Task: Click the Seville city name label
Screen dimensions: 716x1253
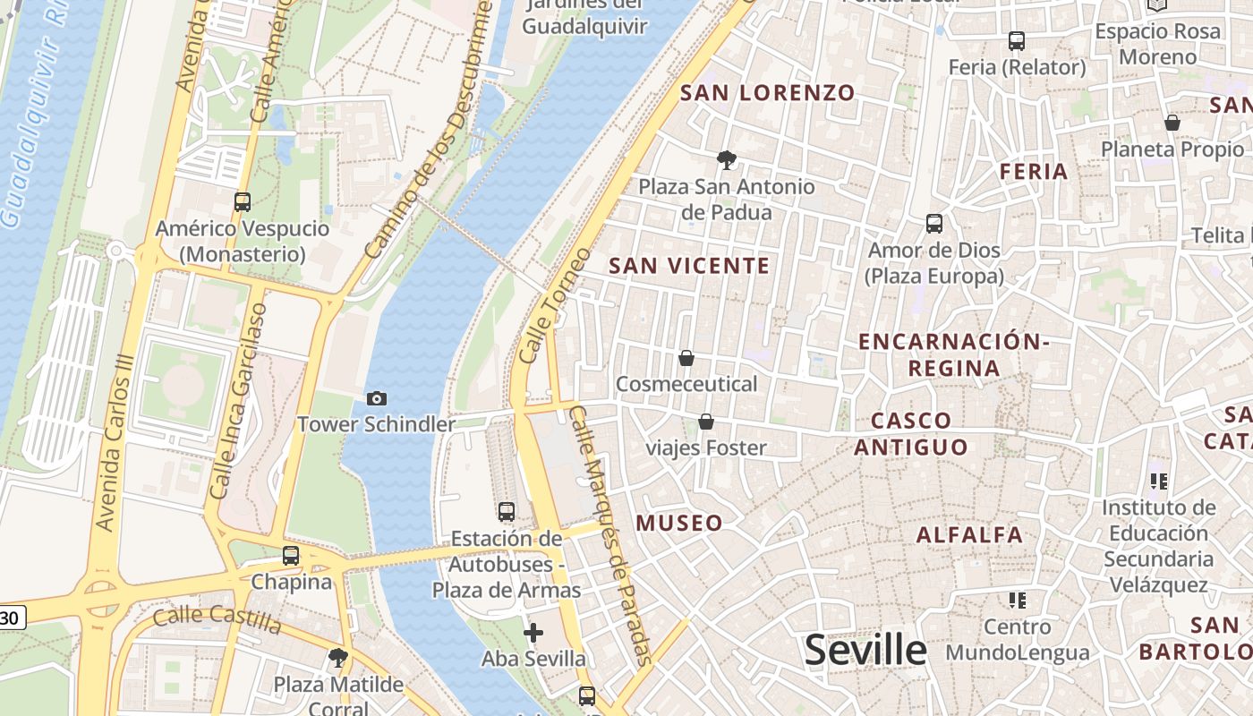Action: coord(865,650)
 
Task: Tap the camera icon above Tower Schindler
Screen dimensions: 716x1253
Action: coord(377,398)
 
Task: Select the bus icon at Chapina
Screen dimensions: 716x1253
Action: coord(291,555)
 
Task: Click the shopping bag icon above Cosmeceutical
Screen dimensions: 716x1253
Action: coord(686,358)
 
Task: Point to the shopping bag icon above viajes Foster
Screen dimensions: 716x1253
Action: coord(706,421)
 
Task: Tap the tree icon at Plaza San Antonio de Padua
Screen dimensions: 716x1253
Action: coord(727,160)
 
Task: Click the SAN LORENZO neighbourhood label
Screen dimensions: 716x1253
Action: coord(768,92)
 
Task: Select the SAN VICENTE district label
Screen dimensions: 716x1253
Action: coord(689,266)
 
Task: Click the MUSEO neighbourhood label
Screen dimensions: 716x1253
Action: coord(679,523)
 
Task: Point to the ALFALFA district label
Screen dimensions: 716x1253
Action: coord(969,535)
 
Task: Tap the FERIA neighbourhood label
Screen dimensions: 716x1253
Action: coord(1034,171)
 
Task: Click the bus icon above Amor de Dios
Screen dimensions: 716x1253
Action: coord(934,223)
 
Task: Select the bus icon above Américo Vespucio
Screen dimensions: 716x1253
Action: coord(243,201)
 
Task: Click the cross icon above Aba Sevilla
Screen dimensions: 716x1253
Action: coord(533,634)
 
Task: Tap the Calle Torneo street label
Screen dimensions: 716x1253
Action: coord(555,304)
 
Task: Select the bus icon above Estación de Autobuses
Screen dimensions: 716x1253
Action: coord(507,512)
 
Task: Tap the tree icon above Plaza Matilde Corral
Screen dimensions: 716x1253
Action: coord(337,659)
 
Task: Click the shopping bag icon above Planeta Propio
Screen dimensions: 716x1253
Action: coord(1172,123)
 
